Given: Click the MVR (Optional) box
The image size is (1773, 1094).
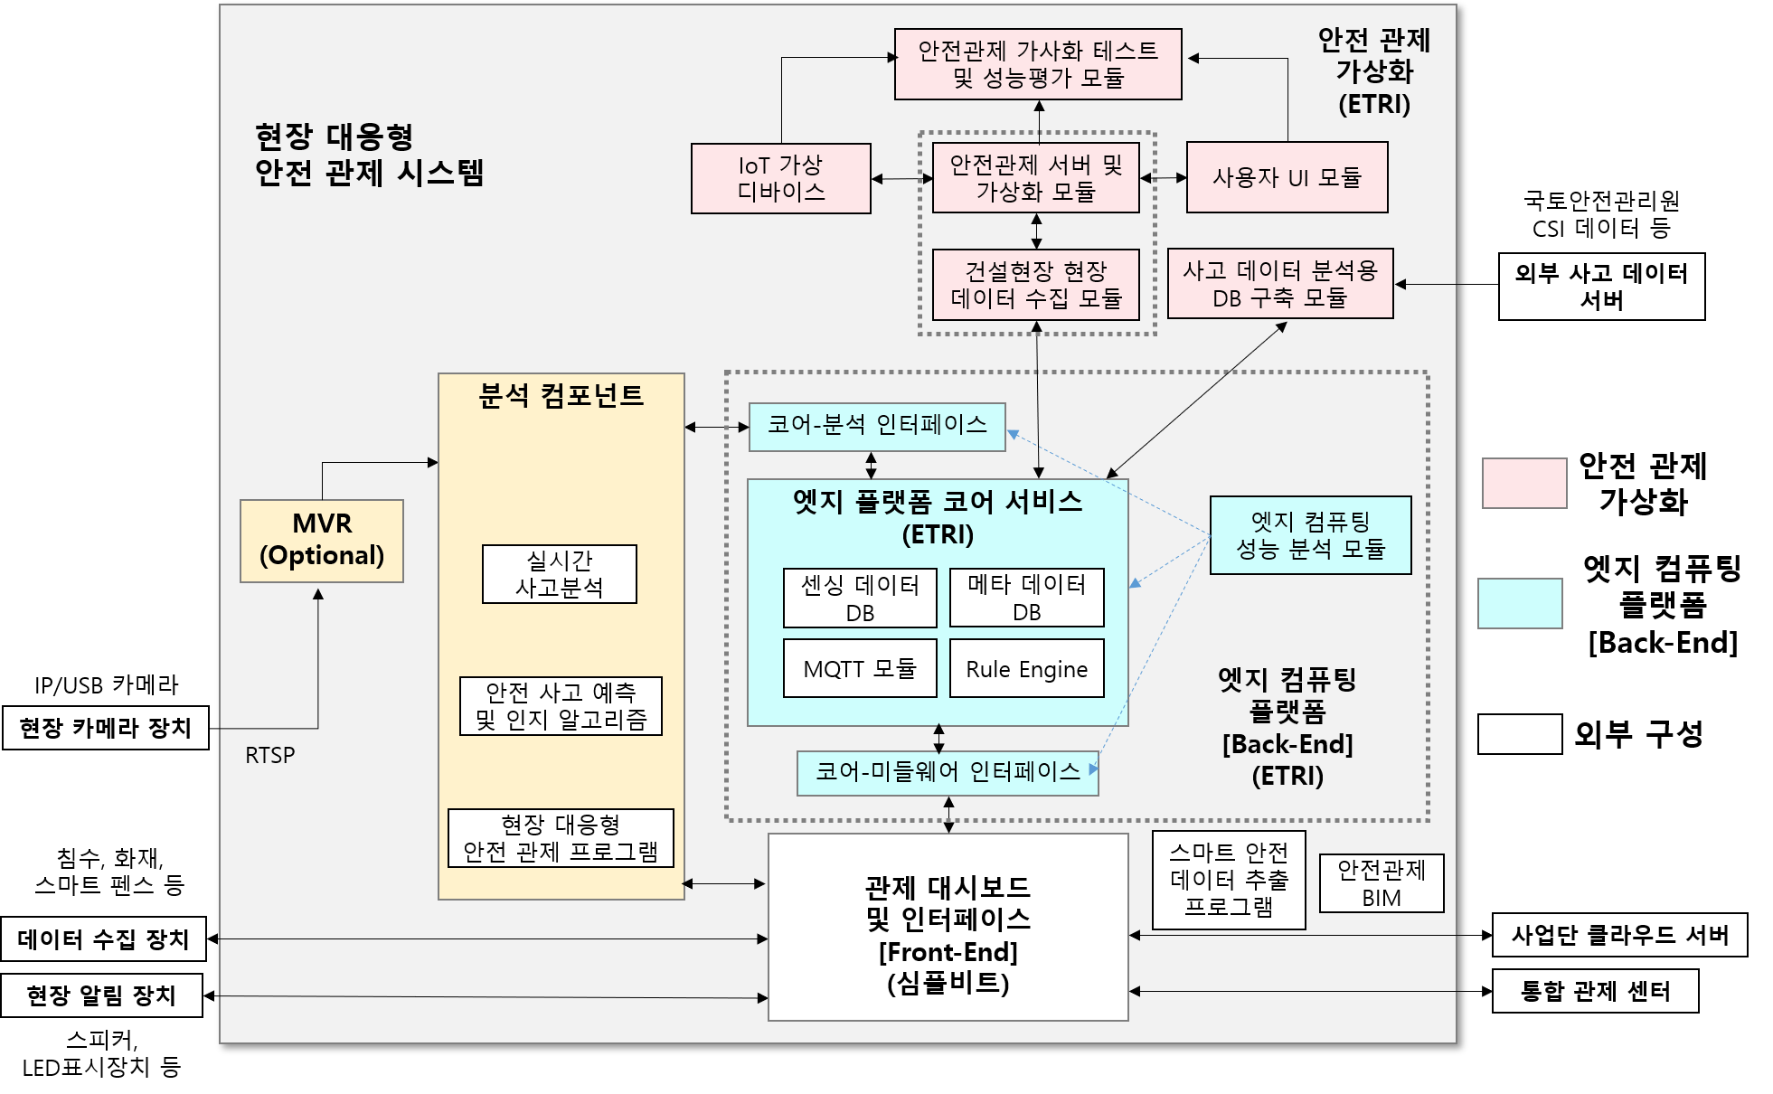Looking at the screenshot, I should tap(322, 541).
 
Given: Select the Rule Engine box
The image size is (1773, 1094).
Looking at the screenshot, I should tap(1026, 669).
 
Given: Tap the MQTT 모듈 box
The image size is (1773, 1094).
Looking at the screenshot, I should tap(860, 669).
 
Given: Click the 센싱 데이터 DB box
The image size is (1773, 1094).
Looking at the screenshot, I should tap(860, 598).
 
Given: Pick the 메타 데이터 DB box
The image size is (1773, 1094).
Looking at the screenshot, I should tap(1026, 598).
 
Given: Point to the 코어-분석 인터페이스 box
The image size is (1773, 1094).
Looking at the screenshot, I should tap(877, 427).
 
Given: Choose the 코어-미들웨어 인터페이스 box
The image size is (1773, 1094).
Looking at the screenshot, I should tap(948, 773).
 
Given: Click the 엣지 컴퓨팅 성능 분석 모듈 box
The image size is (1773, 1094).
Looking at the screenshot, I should tap(1310, 535).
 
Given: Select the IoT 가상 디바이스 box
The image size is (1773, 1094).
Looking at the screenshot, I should tap(781, 178).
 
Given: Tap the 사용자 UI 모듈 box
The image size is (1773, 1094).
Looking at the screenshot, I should tap(1287, 177).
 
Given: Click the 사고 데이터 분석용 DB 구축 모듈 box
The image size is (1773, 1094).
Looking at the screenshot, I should tap(1280, 284).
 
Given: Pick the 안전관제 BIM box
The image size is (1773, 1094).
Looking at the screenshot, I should tap(1382, 883).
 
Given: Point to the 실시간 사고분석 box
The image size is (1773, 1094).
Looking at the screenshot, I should tap(560, 574).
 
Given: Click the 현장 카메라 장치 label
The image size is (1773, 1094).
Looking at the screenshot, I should tap(106, 728).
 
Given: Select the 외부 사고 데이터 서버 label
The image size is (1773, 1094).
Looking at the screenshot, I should tap(1601, 287).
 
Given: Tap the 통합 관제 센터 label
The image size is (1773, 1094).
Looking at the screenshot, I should tap(1595, 992).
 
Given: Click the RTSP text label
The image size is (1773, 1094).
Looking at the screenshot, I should tap(269, 756).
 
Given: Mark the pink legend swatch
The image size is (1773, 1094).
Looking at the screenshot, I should tap(1524, 483).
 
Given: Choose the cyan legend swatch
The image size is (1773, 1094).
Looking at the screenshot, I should tap(1520, 603).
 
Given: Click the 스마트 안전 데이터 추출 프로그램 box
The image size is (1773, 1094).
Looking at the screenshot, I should tap(1229, 880).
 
